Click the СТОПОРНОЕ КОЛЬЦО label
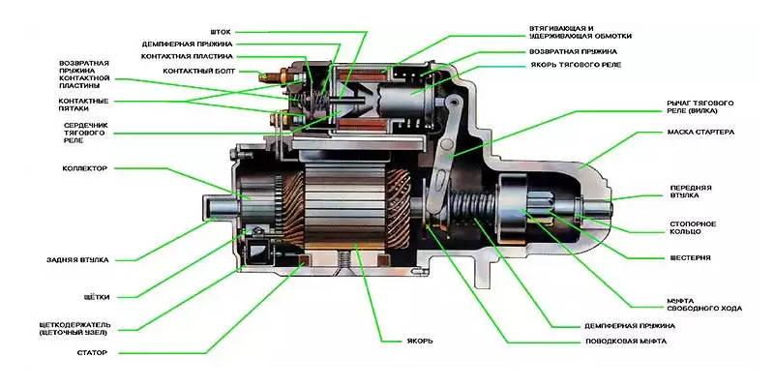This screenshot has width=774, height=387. tap(693, 228)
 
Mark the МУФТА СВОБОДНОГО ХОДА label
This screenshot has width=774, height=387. tap(703, 303)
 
